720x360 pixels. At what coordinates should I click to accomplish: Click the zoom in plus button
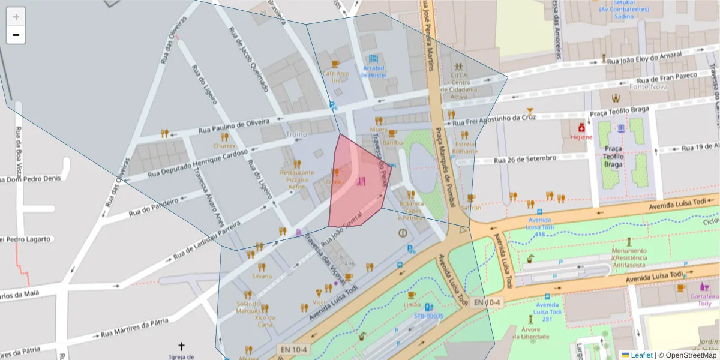[16, 17]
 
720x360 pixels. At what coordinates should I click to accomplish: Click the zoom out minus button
[16, 35]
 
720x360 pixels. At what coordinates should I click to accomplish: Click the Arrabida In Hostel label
[373, 72]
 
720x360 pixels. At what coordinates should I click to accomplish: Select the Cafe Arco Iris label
[335, 77]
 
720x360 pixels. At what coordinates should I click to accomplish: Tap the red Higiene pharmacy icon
[581, 128]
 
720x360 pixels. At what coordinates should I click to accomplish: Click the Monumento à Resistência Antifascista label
[629, 257]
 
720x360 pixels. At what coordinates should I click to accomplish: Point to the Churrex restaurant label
[224, 145]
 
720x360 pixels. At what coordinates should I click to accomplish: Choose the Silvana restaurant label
[262, 276]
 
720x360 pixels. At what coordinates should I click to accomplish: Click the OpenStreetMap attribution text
[690, 355]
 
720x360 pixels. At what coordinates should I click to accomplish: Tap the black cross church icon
[182, 346]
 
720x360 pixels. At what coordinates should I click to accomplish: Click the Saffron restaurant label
[471, 208]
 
